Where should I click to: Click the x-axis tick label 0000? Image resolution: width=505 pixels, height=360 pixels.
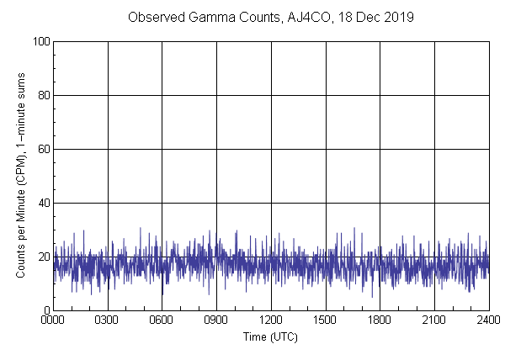pos(53,320)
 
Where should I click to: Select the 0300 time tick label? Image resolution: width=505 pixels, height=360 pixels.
pos(108,320)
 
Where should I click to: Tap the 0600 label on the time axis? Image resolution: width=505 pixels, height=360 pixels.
pos(162,320)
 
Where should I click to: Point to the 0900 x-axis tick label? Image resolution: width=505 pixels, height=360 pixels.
pos(216,320)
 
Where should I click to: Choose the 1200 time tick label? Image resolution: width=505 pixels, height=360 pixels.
pos(271,320)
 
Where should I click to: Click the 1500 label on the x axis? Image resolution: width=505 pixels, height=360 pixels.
pos(326,320)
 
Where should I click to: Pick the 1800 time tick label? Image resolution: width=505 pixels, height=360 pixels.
pos(380,320)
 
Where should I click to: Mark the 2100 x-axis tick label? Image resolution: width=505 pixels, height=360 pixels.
pos(434,320)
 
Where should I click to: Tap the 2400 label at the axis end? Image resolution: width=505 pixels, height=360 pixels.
pos(488,320)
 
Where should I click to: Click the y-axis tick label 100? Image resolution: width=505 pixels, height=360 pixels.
pos(40,41)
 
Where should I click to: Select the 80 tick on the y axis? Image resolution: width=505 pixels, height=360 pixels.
pos(43,95)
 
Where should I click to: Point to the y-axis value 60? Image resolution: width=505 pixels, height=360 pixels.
pos(43,149)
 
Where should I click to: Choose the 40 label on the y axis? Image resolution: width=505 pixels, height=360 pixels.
pos(43,203)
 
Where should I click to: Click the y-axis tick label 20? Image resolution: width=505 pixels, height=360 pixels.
pos(43,257)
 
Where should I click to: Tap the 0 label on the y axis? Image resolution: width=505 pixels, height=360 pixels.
pos(45,310)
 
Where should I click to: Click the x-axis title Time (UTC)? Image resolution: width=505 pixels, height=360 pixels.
pos(270,336)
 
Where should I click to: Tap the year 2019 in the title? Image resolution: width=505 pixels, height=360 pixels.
pos(398,17)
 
